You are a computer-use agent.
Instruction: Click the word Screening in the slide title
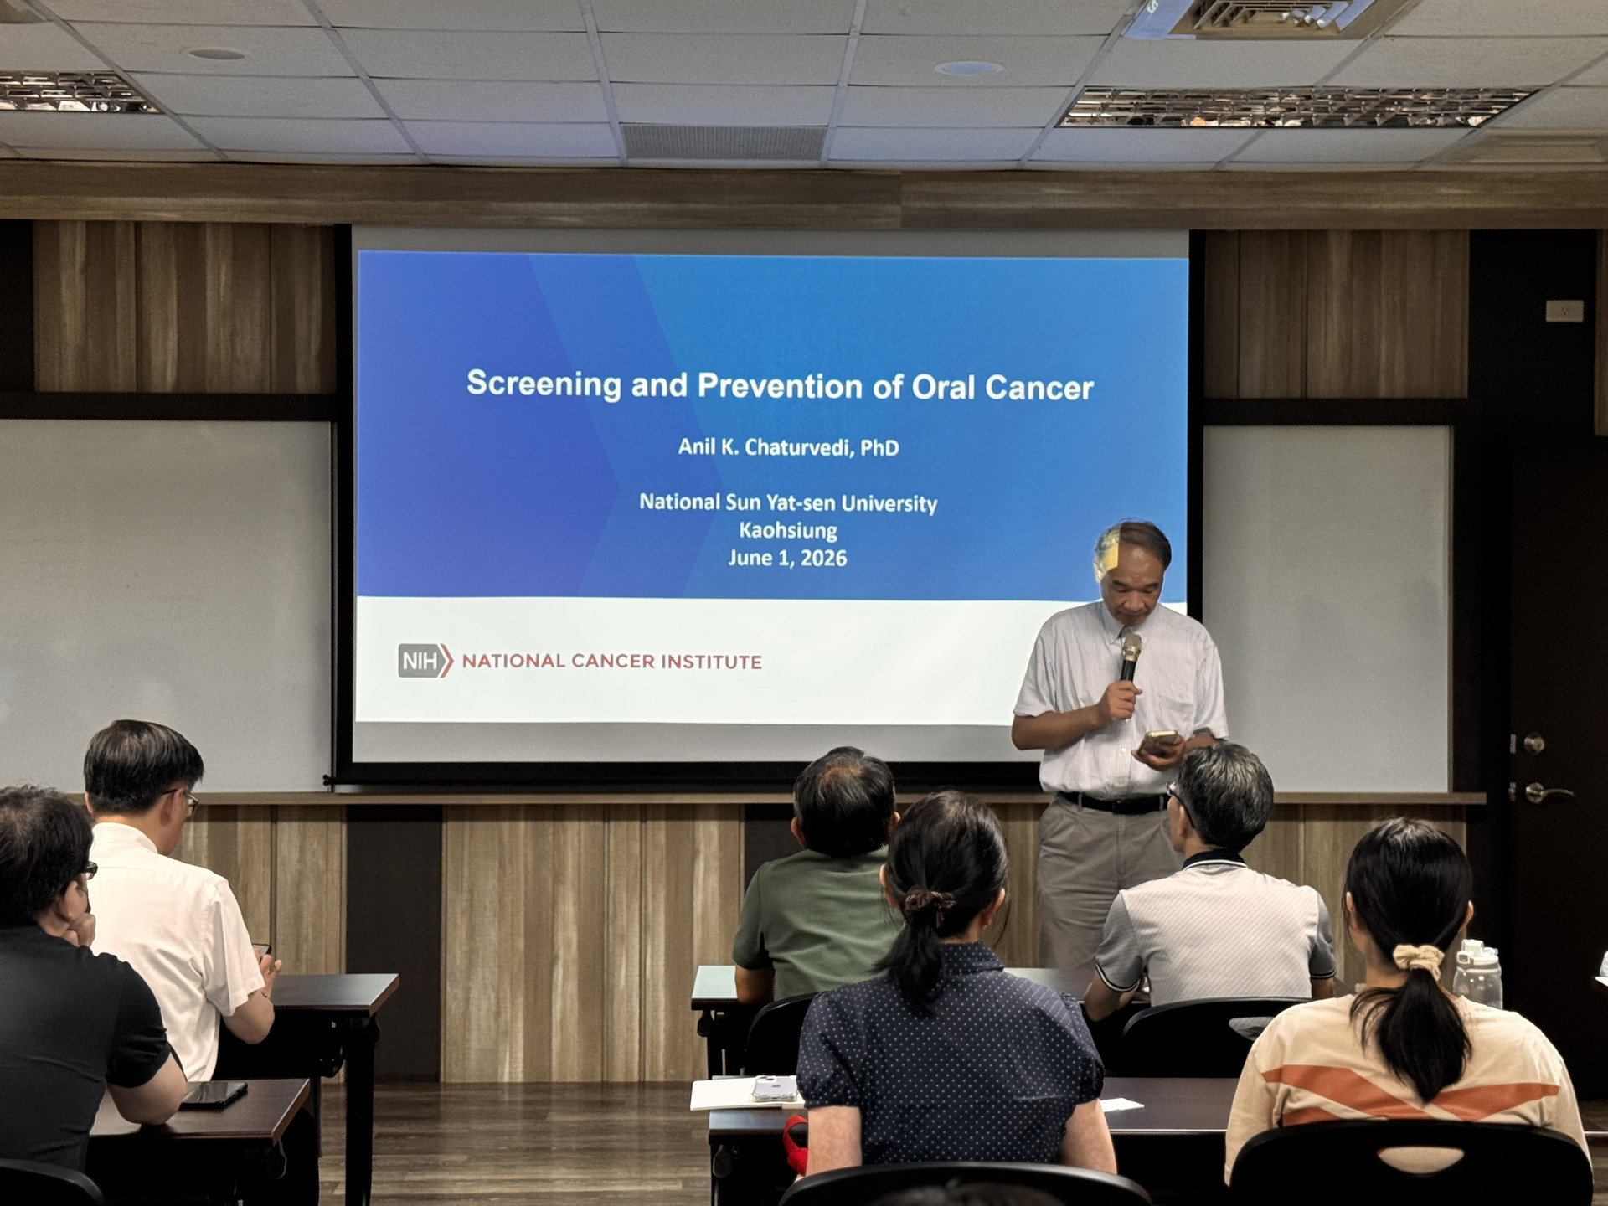544,384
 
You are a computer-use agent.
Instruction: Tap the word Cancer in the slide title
1039,388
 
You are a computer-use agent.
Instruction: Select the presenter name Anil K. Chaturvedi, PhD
788,447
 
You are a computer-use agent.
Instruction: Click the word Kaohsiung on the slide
788,531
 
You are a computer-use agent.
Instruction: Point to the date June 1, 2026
787,559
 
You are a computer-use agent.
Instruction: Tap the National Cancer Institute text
611,662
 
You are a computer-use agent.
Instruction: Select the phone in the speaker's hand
1158,741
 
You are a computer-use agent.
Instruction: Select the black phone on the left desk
214,1093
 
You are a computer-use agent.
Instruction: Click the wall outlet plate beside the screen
1564,311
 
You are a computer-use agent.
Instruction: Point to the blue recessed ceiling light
968,68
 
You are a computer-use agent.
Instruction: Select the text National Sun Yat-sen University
788,502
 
